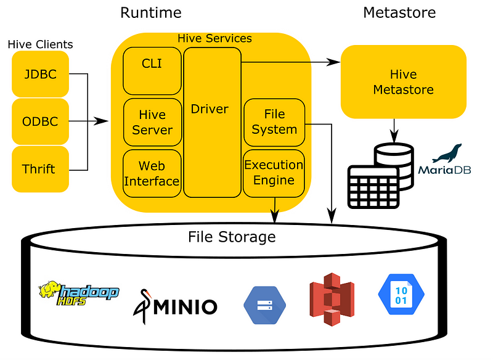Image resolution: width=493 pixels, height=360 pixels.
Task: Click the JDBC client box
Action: (40, 74)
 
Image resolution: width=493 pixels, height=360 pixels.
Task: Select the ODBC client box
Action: (40, 121)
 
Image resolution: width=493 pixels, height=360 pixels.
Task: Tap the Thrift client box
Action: (40, 169)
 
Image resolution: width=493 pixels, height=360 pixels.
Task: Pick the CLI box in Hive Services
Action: (152, 71)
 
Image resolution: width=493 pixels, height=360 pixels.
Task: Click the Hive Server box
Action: (152, 122)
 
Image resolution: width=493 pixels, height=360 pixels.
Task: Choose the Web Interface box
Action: (152, 174)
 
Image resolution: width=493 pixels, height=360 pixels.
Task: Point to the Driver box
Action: (212, 123)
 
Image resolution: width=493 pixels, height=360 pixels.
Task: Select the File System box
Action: (274, 122)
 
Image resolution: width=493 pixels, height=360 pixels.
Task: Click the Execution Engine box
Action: (274, 174)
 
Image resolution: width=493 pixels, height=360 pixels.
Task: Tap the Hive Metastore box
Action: (404, 82)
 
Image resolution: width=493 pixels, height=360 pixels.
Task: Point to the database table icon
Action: (380, 176)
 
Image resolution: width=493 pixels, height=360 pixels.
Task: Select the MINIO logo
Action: (175, 306)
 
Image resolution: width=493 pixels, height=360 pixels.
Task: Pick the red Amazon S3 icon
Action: (332, 300)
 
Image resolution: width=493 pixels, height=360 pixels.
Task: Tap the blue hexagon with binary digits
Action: (401, 294)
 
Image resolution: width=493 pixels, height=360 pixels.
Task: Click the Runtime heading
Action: (151, 13)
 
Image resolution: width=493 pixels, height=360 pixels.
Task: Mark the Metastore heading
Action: (399, 13)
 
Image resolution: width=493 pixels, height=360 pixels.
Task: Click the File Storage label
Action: (232, 237)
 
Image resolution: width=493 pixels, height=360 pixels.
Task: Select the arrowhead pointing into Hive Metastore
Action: (333, 62)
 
